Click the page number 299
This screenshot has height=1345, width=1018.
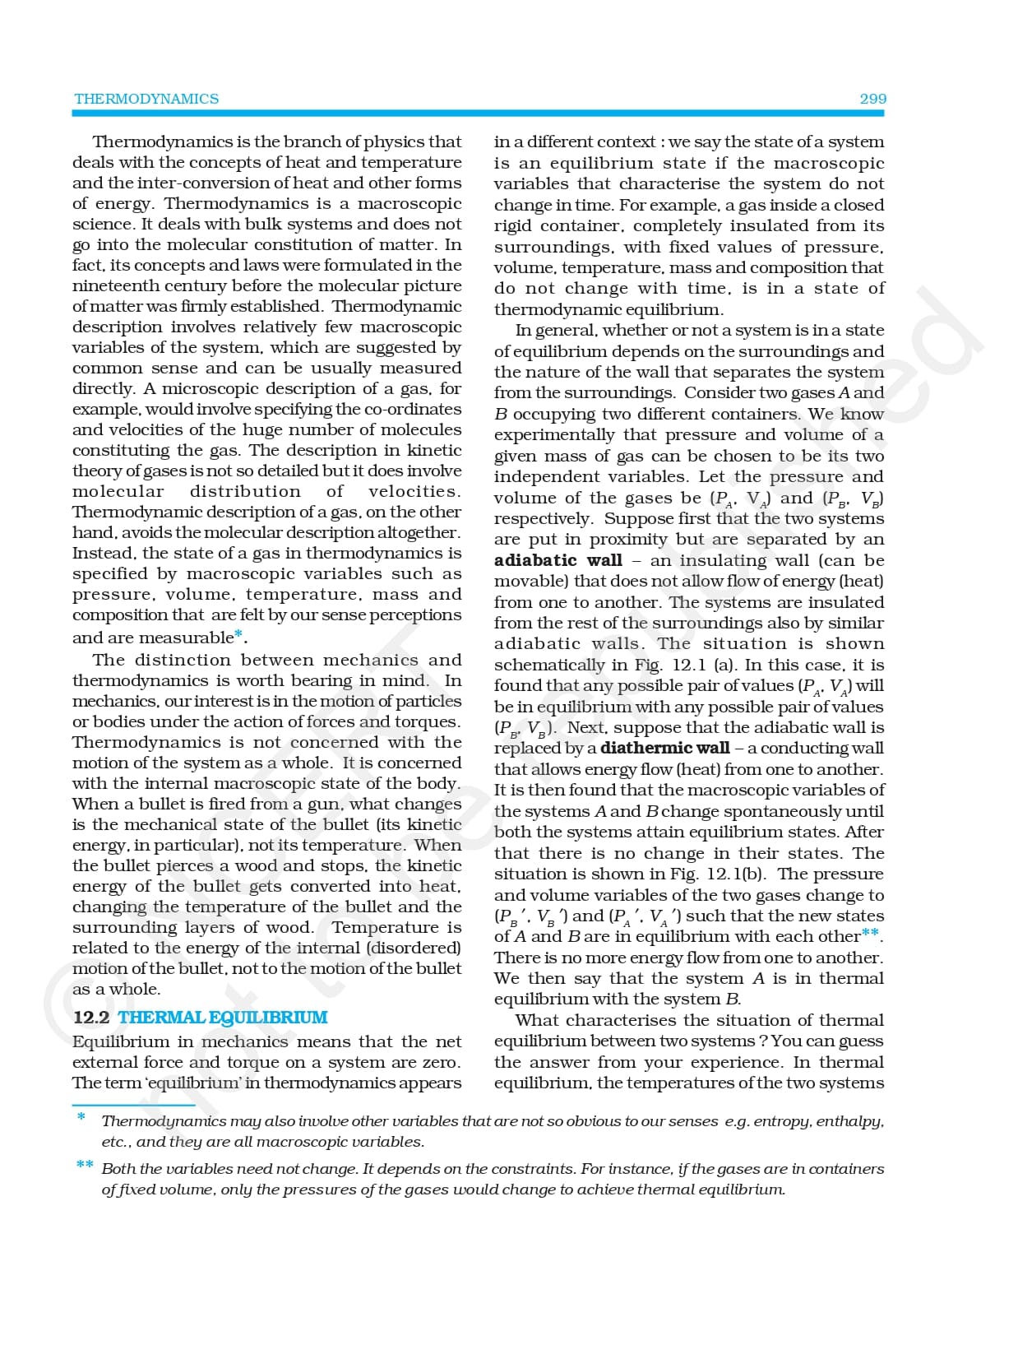pyautogui.click(x=872, y=99)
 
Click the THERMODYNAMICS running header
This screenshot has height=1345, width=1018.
pyautogui.click(x=146, y=99)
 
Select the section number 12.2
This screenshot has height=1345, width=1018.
pyautogui.click(x=91, y=1018)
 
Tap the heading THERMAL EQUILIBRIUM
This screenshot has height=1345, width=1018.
pyautogui.click(x=223, y=1018)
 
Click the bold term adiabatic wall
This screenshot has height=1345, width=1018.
pyautogui.click(x=558, y=560)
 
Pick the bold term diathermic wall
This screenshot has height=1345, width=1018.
pyautogui.click(x=664, y=748)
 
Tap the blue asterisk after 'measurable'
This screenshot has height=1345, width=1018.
pyautogui.click(x=238, y=634)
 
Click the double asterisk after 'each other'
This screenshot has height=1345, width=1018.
pyautogui.click(x=870, y=934)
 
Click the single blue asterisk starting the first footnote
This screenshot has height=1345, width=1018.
pyautogui.click(x=81, y=1117)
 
